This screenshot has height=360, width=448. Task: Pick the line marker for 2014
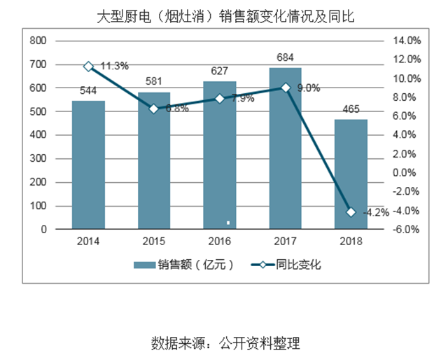[x=88, y=67]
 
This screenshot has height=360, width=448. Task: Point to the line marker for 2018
[x=350, y=212]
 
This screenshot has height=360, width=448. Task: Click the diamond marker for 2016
[x=219, y=99]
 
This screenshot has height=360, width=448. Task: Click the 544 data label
[x=89, y=90]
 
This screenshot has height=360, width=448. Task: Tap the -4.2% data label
[x=376, y=213]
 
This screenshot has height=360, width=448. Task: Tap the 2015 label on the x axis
[x=154, y=242]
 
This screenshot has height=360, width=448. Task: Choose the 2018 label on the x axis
[x=350, y=242]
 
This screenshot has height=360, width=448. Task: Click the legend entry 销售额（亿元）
[x=183, y=265]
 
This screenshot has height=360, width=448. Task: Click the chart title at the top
[x=224, y=15]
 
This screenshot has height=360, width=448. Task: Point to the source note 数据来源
[x=224, y=343]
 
